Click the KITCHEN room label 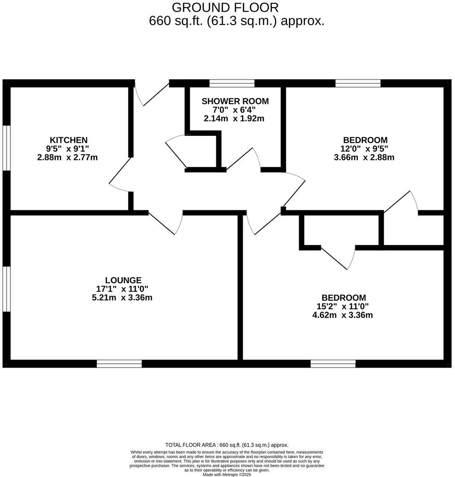pos(69,140)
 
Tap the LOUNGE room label pos(123,280)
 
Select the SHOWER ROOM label pos(235,101)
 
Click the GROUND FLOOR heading pos(225,8)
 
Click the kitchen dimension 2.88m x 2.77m pos(68,157)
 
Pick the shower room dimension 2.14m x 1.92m pos(234,119)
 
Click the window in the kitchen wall pos(6,147)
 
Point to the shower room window pos(232,83)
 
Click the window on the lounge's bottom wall pos(119,364)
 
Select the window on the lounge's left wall pos(6,289)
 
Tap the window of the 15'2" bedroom pos(333,364)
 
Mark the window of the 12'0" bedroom pos(358,83)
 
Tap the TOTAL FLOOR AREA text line pos(227,445)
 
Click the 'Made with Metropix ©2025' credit pos(227,474)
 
